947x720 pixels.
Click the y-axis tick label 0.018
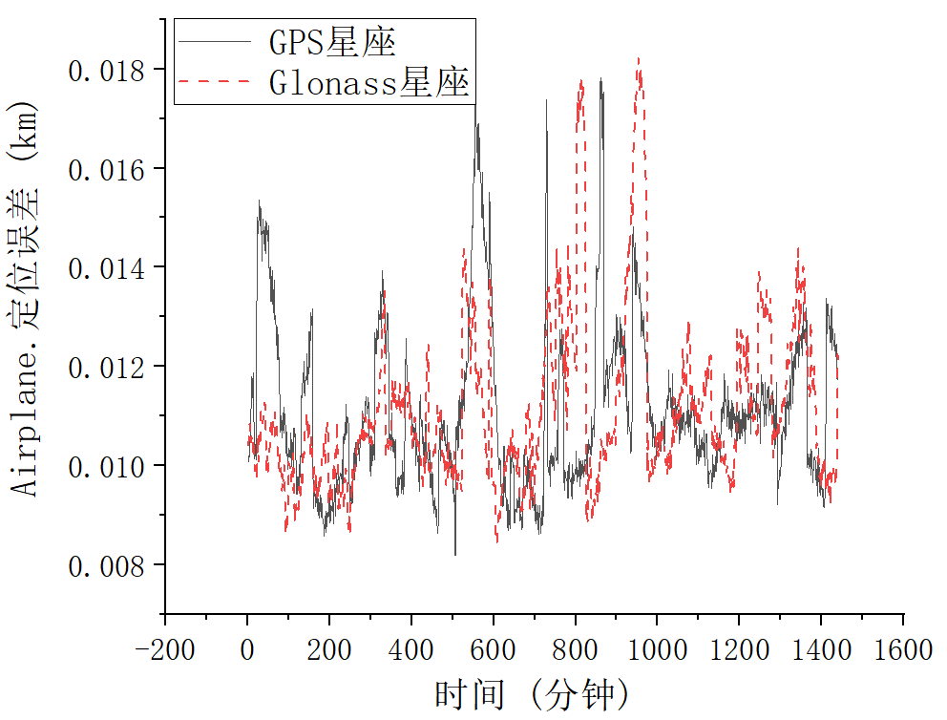106,72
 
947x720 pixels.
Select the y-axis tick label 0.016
106,170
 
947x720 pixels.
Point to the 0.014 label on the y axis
106,269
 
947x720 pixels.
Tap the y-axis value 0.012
106,368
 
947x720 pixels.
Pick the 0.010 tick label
106,467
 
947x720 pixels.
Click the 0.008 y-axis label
106,566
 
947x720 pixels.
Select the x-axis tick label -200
164,650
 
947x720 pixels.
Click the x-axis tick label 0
247,650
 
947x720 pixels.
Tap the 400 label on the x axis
410,650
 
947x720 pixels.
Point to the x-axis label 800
575,650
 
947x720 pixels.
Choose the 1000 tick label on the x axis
657,650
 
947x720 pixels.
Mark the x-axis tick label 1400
821,650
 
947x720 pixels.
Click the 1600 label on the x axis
903,650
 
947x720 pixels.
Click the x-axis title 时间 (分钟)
532,694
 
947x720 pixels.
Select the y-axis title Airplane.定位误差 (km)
24,299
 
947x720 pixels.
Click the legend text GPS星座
332,42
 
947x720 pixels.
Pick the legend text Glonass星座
369,82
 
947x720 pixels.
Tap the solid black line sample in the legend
215,42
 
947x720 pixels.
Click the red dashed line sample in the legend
215,81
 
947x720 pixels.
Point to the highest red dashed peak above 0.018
639,58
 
